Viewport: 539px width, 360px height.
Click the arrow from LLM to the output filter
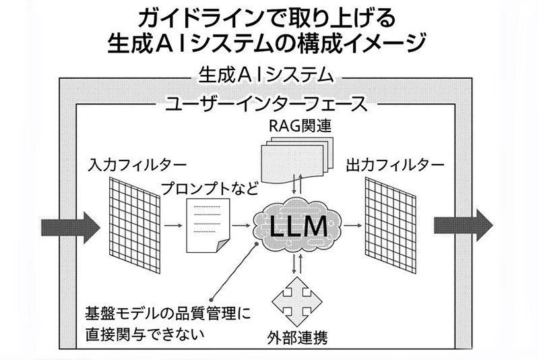click(x=350, y=225)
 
